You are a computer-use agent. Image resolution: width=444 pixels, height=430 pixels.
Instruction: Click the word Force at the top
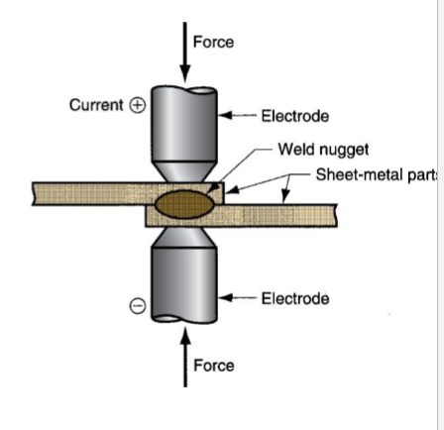213,42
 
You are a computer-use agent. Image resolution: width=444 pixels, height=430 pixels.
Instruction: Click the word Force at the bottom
213,366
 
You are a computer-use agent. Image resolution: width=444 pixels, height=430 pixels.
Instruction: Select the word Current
96,104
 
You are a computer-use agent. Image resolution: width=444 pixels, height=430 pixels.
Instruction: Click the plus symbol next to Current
138,105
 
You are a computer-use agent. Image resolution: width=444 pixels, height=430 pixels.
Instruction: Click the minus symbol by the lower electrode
138,308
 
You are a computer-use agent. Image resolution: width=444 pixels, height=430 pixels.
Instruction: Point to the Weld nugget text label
323,150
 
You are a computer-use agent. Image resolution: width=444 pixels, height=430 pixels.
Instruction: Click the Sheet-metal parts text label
377,174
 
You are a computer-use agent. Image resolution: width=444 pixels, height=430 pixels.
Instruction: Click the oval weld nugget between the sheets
182,204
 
